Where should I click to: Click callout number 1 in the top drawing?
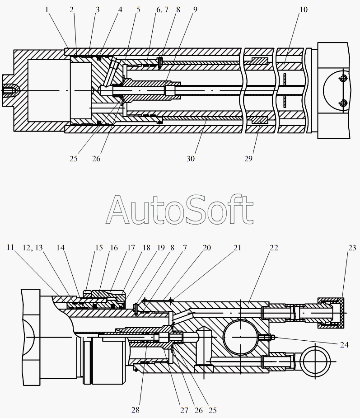(x=47, y=10)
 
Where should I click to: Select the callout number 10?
(x=304, y=10)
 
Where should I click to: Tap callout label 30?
(x=191, y=159)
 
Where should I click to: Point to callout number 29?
(x=248, y=159)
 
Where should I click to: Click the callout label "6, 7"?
(x=162, y=10)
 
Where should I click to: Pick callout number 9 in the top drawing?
(x=195, y=10)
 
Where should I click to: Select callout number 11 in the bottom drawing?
(x=10, y=247)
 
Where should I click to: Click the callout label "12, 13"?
(x=33, y=248)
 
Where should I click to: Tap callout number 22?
(x=274, y=248)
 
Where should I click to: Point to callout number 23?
(x=352, y=248)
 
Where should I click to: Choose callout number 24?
(x=344, y=345)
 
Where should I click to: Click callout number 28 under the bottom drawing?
(x=136, y=410)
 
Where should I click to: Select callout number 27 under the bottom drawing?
(x=184, y=410)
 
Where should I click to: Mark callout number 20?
(x=207, y=248)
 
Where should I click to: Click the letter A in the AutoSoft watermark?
(x=117, y=210)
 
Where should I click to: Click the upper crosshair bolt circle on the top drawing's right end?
(x=343, y=78)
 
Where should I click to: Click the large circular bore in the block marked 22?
(x=241, y=338)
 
